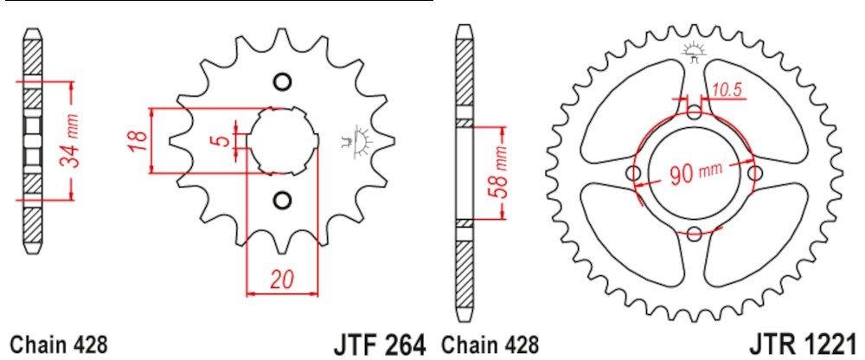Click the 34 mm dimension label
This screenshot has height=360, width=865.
pos(69,141)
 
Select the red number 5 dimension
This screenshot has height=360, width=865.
pos(222,139)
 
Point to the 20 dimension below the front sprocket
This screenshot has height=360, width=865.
pos(281,280)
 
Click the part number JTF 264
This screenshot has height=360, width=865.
pos(380,344)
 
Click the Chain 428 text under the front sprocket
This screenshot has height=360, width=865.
pos(59,345)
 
